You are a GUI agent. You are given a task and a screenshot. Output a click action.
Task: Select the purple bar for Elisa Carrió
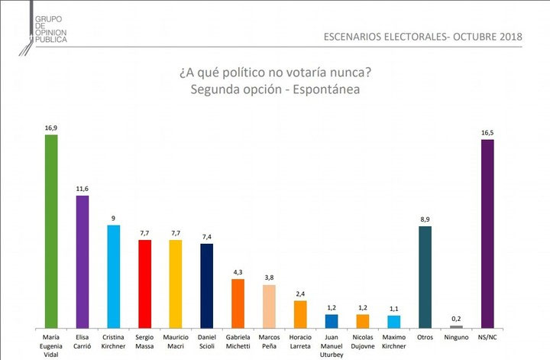(x=82, y=261)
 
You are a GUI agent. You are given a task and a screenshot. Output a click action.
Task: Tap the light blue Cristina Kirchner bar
(x=114, y=276)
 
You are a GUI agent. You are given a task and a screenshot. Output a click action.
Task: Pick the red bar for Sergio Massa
(x=144, y=283)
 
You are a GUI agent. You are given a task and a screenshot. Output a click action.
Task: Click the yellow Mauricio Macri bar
(x=176, y=283)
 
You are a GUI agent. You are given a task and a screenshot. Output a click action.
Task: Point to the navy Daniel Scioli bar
(x=206, y=285)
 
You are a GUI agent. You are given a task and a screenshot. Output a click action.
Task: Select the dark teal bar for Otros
(x=425, y=277)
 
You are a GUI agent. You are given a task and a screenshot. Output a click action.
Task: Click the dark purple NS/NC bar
(x=487, y=233)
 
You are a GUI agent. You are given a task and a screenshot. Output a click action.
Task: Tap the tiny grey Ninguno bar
(x=456, y=326)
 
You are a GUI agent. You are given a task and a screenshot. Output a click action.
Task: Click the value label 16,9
(x=52, y=128)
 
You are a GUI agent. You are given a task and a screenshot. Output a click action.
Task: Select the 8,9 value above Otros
(x=425, y=220)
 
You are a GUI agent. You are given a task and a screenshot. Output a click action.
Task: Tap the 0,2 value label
(x=456, y=319)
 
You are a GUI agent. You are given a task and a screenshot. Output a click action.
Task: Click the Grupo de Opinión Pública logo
(x=43, y=31)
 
